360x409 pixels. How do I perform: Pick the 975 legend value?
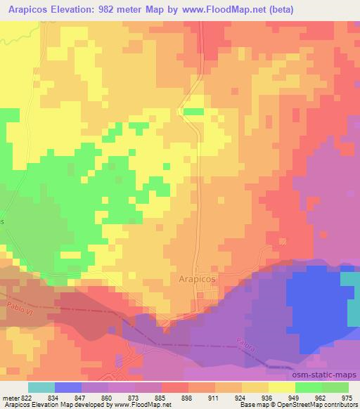[347, 398]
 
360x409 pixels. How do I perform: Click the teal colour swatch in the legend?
[41, 387]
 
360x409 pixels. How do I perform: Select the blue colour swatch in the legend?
[68, 387]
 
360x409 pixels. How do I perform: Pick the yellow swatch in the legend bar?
[282, 387]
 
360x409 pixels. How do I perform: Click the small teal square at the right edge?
[349, 278]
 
